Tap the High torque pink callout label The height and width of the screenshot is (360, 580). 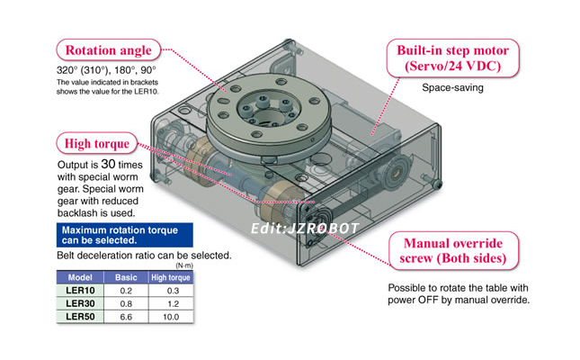[x=98, y=143]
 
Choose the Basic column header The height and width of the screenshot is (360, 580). [x=127, y=278]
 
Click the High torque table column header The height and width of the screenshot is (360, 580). [x=171, y=278]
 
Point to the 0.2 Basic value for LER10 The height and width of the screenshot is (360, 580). [x=127, y=292]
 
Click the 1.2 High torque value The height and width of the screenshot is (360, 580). [x=171, y=304]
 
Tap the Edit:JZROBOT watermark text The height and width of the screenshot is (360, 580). [x=305, y=228]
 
